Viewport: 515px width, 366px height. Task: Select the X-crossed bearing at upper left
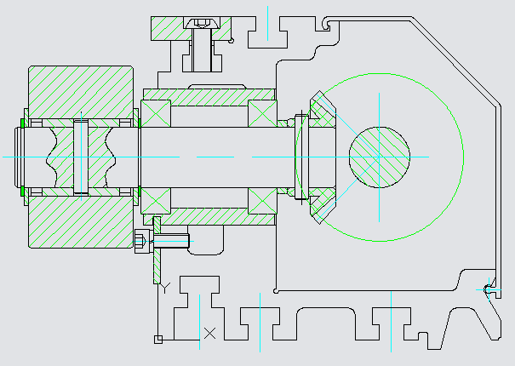[156, 113]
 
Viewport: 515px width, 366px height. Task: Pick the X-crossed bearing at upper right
[261, 113]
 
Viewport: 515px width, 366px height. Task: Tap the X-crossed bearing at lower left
[156, 201]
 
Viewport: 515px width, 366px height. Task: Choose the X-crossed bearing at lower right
[261, 201]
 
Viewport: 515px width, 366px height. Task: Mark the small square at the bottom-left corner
[157, 340]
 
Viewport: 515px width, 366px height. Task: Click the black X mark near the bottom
[209, 332]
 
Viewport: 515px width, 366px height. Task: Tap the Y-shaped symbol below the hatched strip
[165, 286]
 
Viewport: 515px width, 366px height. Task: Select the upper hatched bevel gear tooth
[321, 108]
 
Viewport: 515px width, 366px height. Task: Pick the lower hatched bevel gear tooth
[321, 206]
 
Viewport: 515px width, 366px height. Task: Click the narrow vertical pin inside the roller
[81, 157]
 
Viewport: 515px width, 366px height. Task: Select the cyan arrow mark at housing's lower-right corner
[486, 289]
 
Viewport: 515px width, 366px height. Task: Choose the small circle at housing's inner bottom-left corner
[278, 290]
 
